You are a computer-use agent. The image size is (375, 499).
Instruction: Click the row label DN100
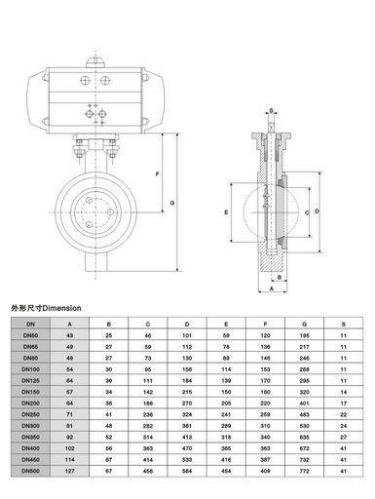pos(30,370)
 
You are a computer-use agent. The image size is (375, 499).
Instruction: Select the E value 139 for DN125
pos(226,380)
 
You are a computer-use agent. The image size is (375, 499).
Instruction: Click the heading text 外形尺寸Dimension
pos(49,307)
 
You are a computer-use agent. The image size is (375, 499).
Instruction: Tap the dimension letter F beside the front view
pos(158,173)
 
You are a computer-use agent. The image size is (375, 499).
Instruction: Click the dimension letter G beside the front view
pos(171,202)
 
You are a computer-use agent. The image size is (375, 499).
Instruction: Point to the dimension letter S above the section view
pos(270,113)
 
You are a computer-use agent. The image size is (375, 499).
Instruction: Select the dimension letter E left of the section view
pos(225,211)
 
